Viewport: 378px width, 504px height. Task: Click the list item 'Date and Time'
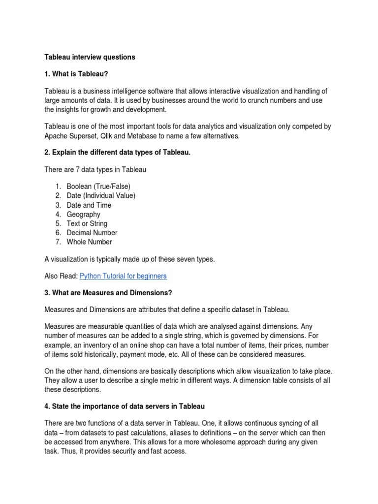(89, 205)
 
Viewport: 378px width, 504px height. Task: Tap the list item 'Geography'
(83, 214)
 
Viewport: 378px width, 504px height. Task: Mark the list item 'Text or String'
(87, 223)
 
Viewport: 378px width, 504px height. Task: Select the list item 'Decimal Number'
(92, 232)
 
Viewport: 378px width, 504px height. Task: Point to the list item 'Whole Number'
(89, 242)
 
